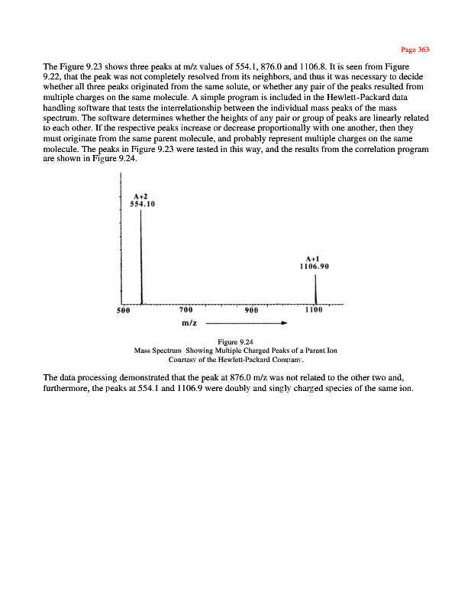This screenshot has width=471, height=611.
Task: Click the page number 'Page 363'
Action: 415,50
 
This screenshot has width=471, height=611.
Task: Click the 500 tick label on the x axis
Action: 122,311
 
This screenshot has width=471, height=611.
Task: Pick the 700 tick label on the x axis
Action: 185,311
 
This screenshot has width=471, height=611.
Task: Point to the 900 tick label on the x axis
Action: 251,311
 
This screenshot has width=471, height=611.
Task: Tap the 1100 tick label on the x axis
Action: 314,311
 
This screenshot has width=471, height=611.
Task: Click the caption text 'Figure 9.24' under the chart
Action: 235,341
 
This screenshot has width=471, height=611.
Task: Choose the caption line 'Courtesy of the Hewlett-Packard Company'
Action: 235,359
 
